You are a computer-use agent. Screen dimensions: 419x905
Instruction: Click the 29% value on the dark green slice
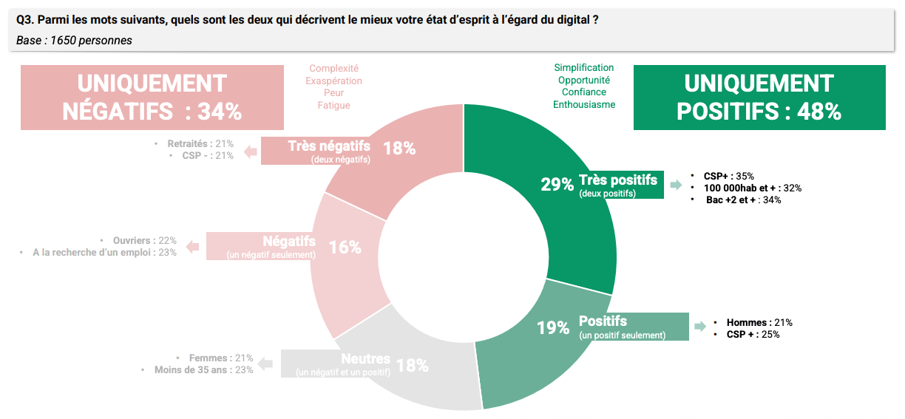[557, 184]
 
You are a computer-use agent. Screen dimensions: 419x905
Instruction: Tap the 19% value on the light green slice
[553, 327]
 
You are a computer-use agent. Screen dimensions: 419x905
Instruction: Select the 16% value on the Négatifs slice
[345, 248]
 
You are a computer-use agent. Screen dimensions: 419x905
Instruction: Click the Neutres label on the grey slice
[366, 359]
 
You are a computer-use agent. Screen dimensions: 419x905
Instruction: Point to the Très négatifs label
[329, 146]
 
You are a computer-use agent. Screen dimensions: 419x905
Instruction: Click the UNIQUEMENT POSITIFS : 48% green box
[759, 97]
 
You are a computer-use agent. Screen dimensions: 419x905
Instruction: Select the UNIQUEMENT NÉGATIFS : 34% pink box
[152, 97]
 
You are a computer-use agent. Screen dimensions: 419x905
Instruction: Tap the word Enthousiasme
[584, 105]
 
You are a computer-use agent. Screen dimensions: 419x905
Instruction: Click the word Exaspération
[334, 81]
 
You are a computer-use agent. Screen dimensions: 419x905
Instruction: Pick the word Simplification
[584, 68]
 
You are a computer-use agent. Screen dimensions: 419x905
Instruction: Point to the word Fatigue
[334, 106]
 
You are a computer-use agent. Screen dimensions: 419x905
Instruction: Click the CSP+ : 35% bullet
[728, 176]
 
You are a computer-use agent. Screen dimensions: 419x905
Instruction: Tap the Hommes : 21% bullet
[759, 322]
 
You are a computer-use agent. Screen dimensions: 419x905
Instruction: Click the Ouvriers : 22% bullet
[145, 240]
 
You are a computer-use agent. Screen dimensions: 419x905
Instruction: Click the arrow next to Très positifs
[675, 185]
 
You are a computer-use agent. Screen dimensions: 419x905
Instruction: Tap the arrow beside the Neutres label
[266, 364]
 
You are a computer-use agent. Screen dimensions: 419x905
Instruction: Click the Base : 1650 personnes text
[74, 41]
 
